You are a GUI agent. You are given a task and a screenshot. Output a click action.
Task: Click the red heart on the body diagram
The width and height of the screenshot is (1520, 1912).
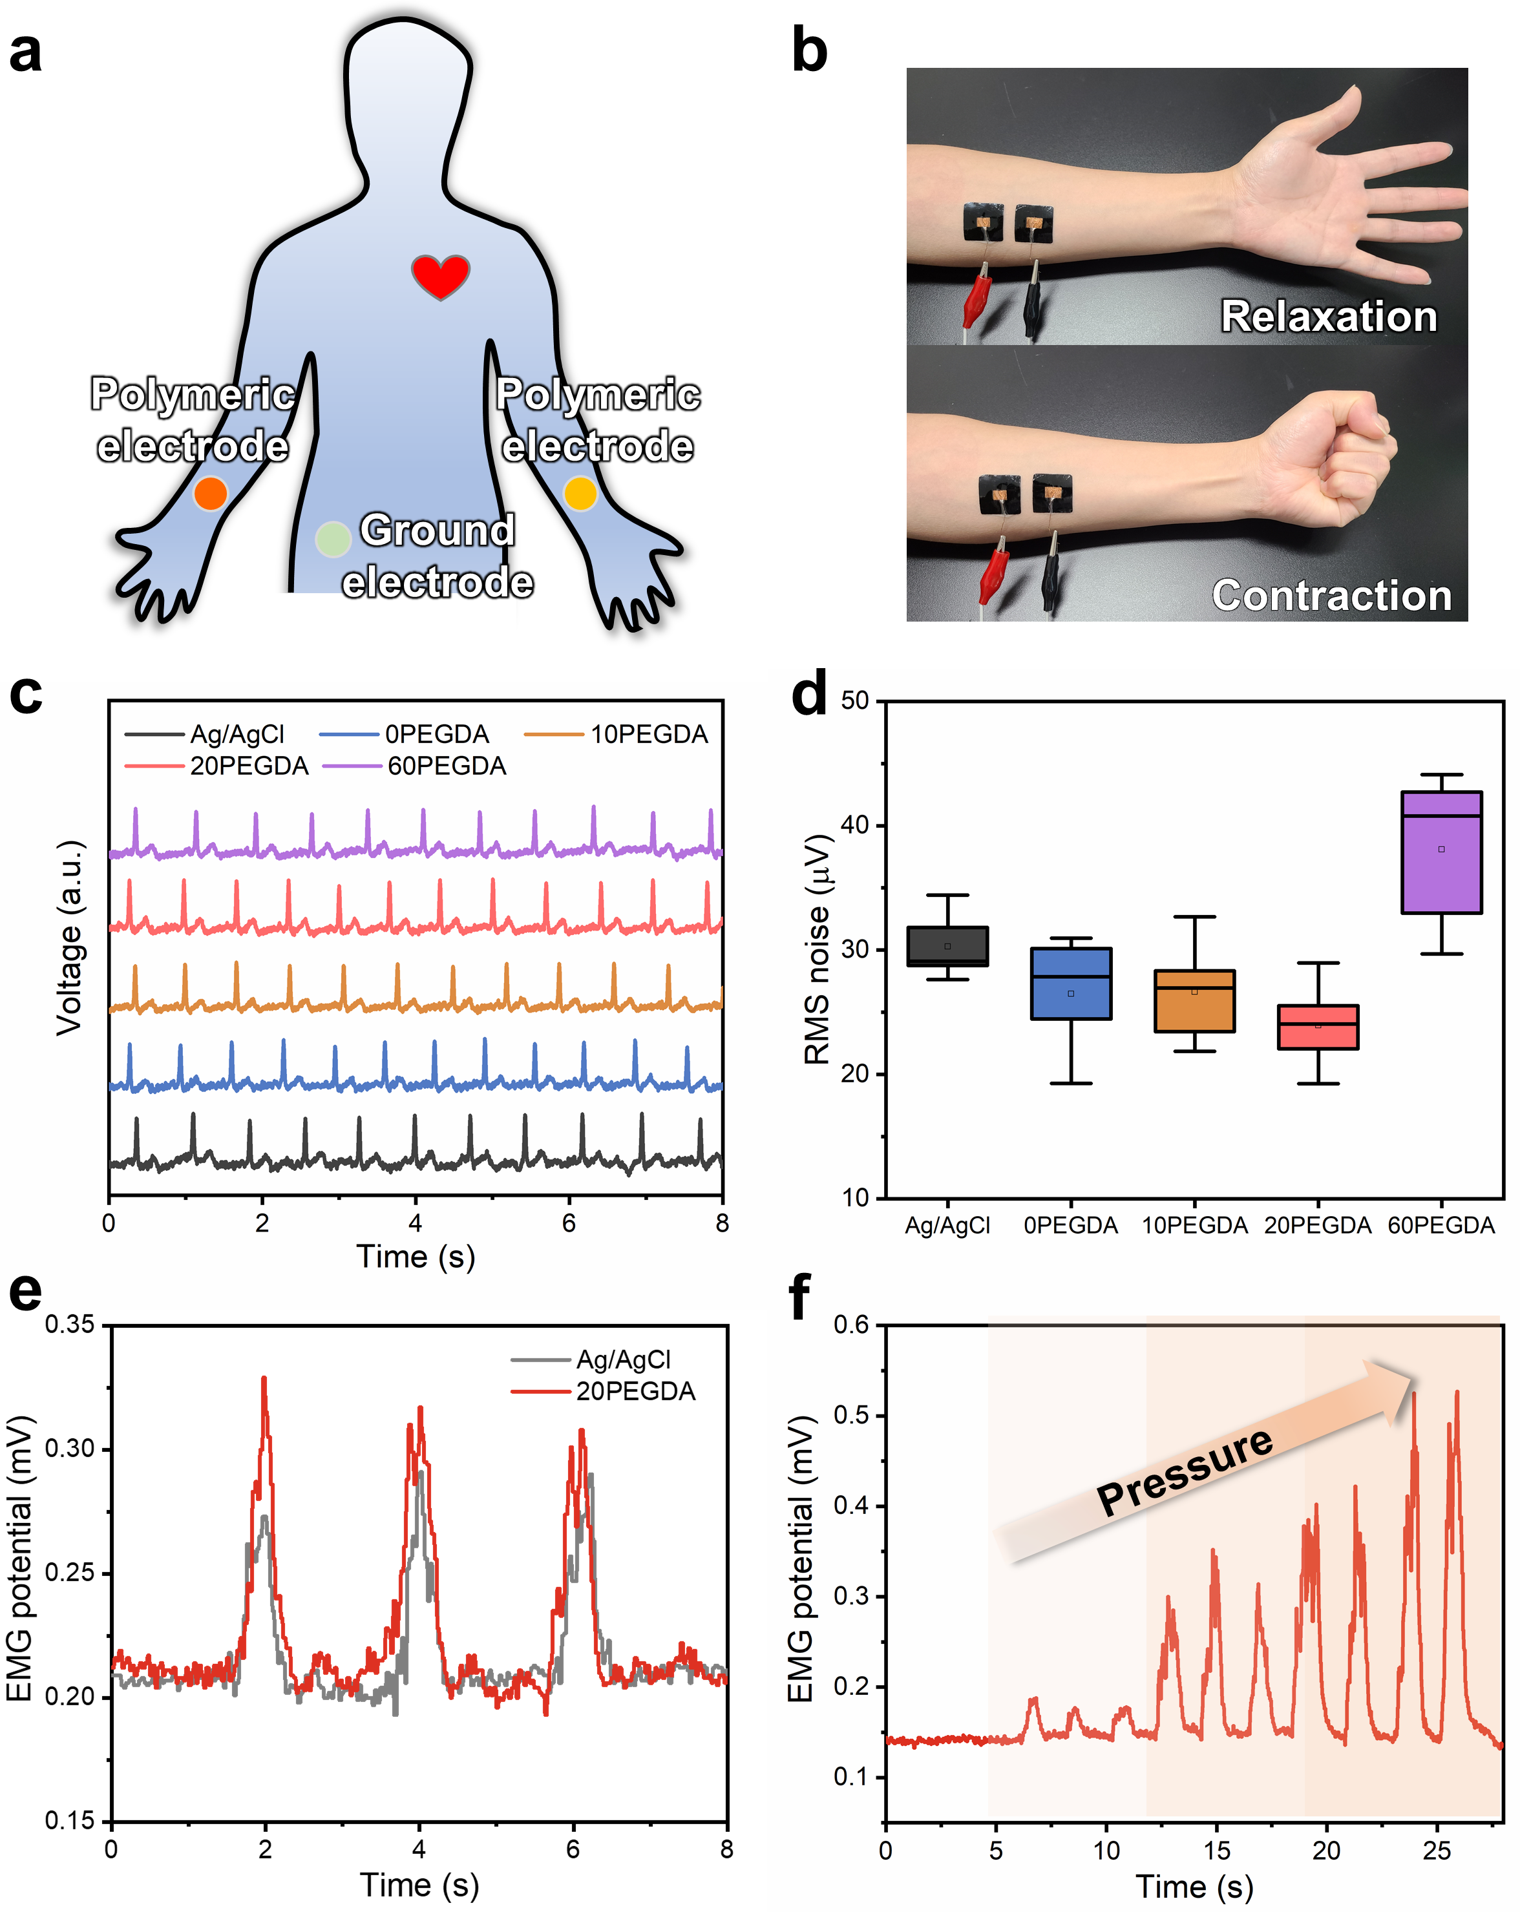[440, 275]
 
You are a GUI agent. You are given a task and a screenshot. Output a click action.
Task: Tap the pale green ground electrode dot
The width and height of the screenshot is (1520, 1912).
[333, 538]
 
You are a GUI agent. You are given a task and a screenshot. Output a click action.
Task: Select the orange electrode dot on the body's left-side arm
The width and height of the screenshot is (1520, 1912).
[210, 493]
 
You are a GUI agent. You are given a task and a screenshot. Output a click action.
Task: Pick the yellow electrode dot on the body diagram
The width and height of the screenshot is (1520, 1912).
[580, 493]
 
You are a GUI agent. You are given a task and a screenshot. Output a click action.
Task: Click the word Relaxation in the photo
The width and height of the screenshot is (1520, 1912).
[1329, 317]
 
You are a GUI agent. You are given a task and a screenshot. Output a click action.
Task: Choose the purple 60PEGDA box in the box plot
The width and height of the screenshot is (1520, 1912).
[1441, 852]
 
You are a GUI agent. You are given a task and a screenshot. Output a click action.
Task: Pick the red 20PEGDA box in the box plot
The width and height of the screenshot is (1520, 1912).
[1318, 1027]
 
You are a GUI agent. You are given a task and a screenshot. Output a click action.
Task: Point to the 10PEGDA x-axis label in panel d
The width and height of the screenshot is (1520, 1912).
[1194, 1226]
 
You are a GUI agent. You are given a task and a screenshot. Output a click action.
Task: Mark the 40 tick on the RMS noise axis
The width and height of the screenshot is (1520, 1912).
[855, 825]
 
